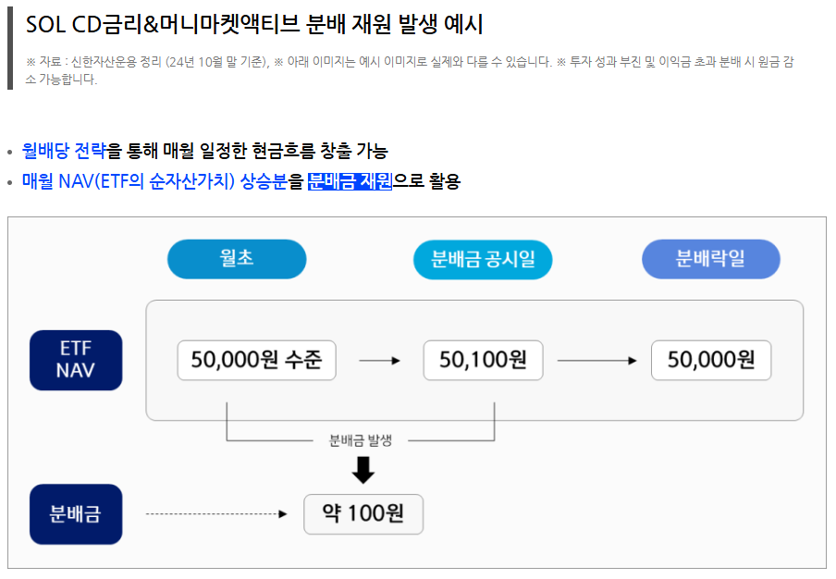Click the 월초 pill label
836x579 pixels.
(237, 259)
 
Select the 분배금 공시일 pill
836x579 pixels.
(483, 259)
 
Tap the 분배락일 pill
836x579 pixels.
(710, 259)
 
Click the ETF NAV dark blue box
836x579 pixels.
(76, 360)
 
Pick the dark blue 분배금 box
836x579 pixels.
(76, 514)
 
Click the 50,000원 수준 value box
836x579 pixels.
(256, 360)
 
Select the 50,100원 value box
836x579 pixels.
(483, 360)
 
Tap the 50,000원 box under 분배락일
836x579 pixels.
(710, 360)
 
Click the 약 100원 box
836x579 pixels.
(363, 514)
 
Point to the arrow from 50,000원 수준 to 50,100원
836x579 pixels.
(379, 361)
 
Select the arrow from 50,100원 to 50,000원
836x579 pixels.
(596, 361)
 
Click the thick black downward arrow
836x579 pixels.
(363, 471)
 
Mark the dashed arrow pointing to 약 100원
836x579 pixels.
(217, 514)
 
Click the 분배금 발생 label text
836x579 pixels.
(361, 440)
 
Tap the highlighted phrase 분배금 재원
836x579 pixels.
(350, 180)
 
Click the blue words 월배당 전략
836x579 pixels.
(64, 151)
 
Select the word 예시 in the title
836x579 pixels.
(462, 25)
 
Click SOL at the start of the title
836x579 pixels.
(43, 25)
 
